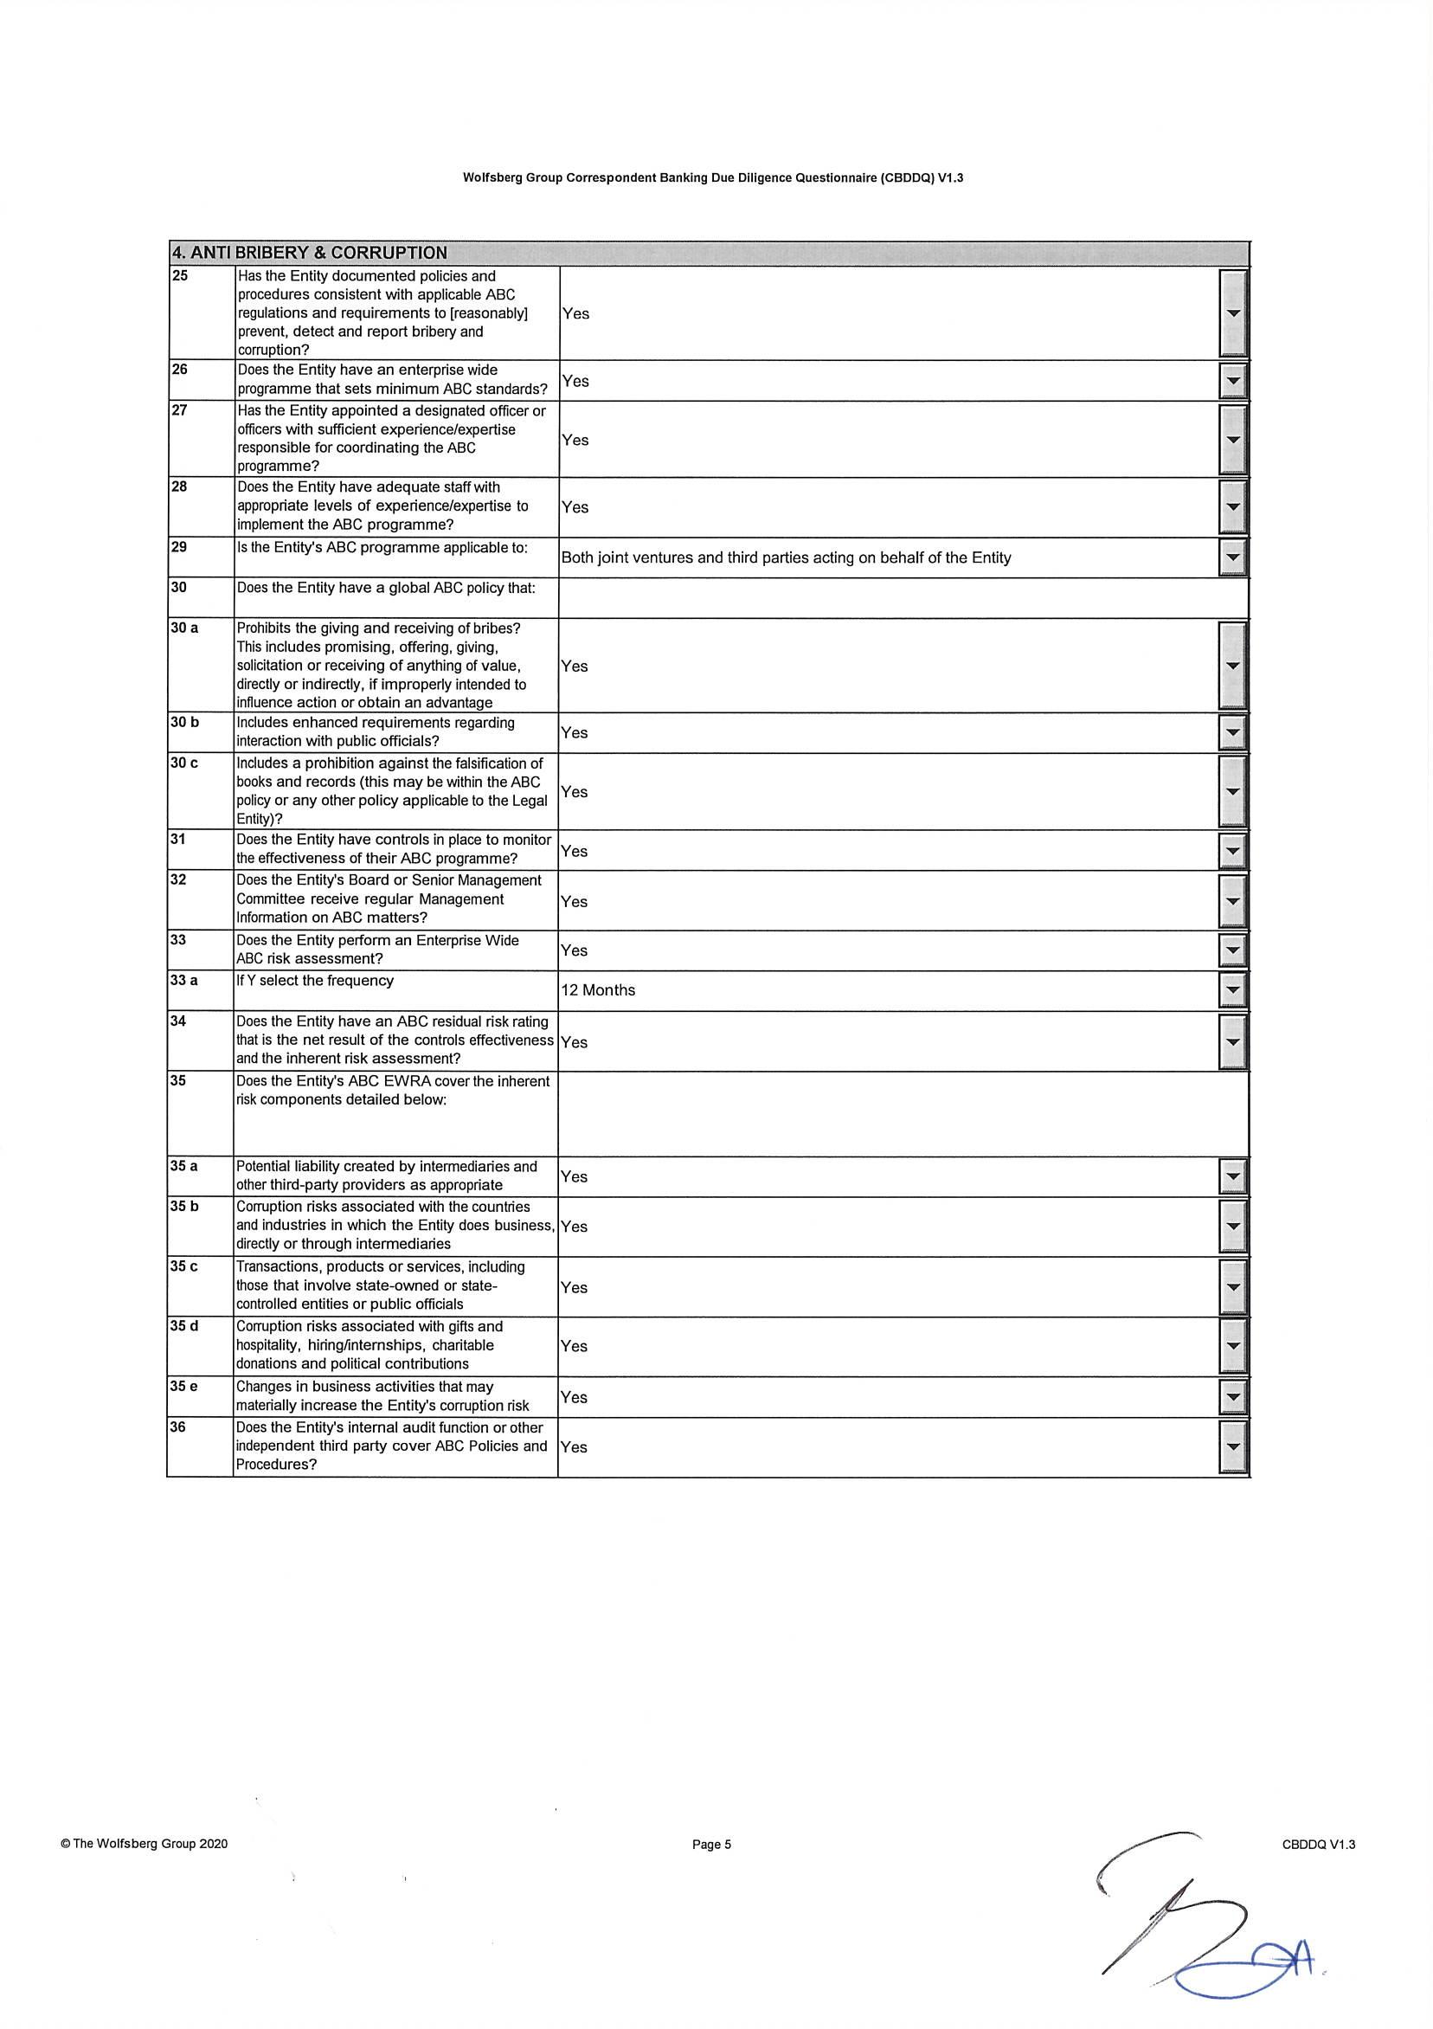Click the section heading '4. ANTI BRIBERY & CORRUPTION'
(x=309, y=253)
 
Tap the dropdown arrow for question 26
(x=1234, y=381)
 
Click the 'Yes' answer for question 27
(x=575, y=440)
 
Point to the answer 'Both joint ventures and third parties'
(x=786, y=557)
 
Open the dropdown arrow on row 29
(x=1234, y=557)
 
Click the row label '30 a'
(x=184, y=628)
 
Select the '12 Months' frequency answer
(x=598, y=989)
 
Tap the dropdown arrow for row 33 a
(x=1234, y=990)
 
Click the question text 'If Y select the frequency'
(x=315, y=981)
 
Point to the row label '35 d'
(x=184, y=1326)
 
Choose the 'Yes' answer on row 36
(x=575, y=1446)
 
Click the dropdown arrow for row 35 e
(x=1234, y=1397)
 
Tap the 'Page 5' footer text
(x=712, y=1845)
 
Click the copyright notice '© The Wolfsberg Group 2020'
(x=144, y=1844)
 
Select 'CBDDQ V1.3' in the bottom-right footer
(x=1318, y=1845)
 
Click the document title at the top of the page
(x=713, y=177)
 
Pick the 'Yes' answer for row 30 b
(x=575, y=732)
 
